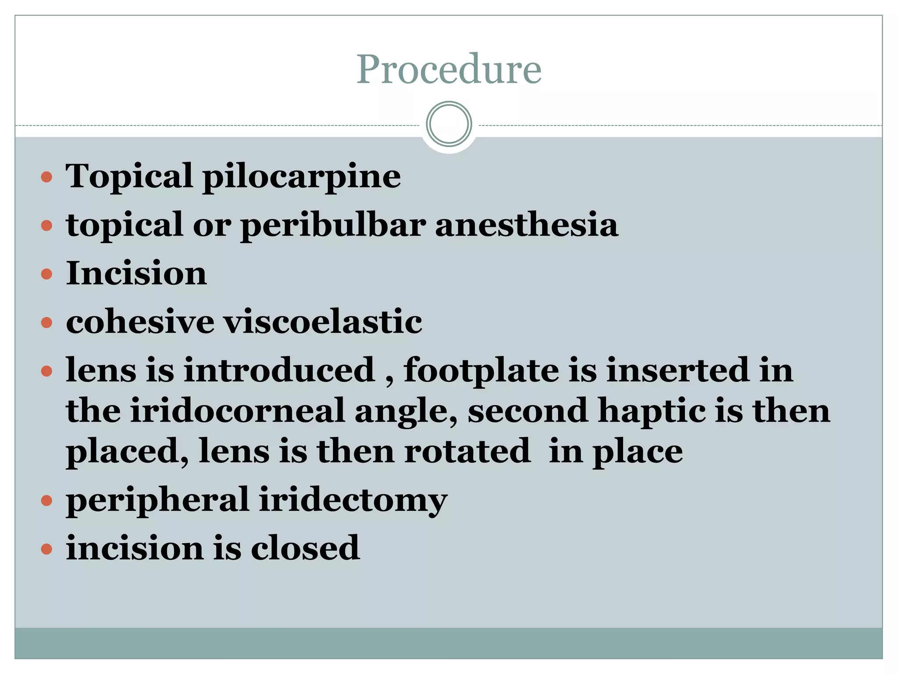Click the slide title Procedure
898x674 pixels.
[449, 69]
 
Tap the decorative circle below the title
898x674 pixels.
[449, 124]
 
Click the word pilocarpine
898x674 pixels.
[302, 177]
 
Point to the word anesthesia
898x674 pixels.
[526, 225]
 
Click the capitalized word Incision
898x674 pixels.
[136, 273]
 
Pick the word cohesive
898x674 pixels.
[140, 322]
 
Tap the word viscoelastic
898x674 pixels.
[323, 322]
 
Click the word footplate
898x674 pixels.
[481, 370]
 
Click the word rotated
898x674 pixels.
[467, 452]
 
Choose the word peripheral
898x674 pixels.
[157, 500]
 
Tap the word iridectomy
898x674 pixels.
[353, 500]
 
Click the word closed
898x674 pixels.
[305, 549]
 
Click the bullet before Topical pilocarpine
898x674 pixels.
[46, 178]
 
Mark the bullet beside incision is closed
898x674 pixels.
[46, 549]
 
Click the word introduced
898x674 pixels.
[279, 370]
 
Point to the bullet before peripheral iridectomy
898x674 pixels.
[46, 501]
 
